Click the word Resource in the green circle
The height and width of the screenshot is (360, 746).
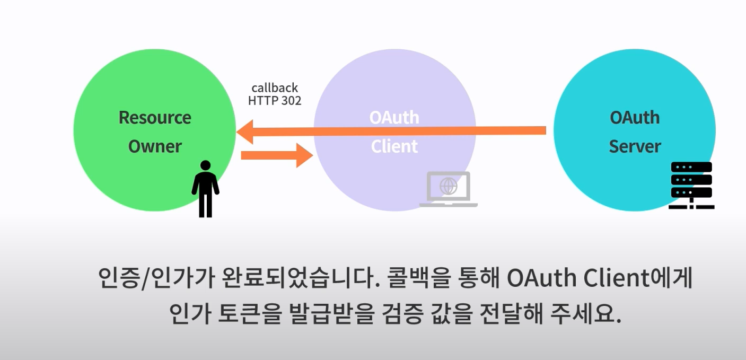pyautogui.click(x=155, y=117)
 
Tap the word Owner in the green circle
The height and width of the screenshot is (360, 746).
pyautogui.click(x=155, y=146)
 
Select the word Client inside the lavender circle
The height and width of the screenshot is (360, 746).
pyautogui.click(x=394, y=146)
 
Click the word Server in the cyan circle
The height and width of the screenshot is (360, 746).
pyautogui.click(x=635, y=146)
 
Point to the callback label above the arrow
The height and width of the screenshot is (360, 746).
pyautogui.click(x=275, y=88)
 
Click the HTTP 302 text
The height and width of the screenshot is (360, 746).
pyautogui.click(x=275, y=100)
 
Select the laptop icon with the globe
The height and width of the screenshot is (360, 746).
pyautogui.click(x=449, y=189)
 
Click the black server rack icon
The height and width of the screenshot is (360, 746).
pyautogui.click(x=691, y=186)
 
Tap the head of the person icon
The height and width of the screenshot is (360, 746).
pyautogui.click(x=205, y=165)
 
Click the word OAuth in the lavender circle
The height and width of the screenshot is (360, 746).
pyautogui.click(x=394, y=117)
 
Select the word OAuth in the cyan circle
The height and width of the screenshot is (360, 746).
pyautogui.click(x=635, y=117)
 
